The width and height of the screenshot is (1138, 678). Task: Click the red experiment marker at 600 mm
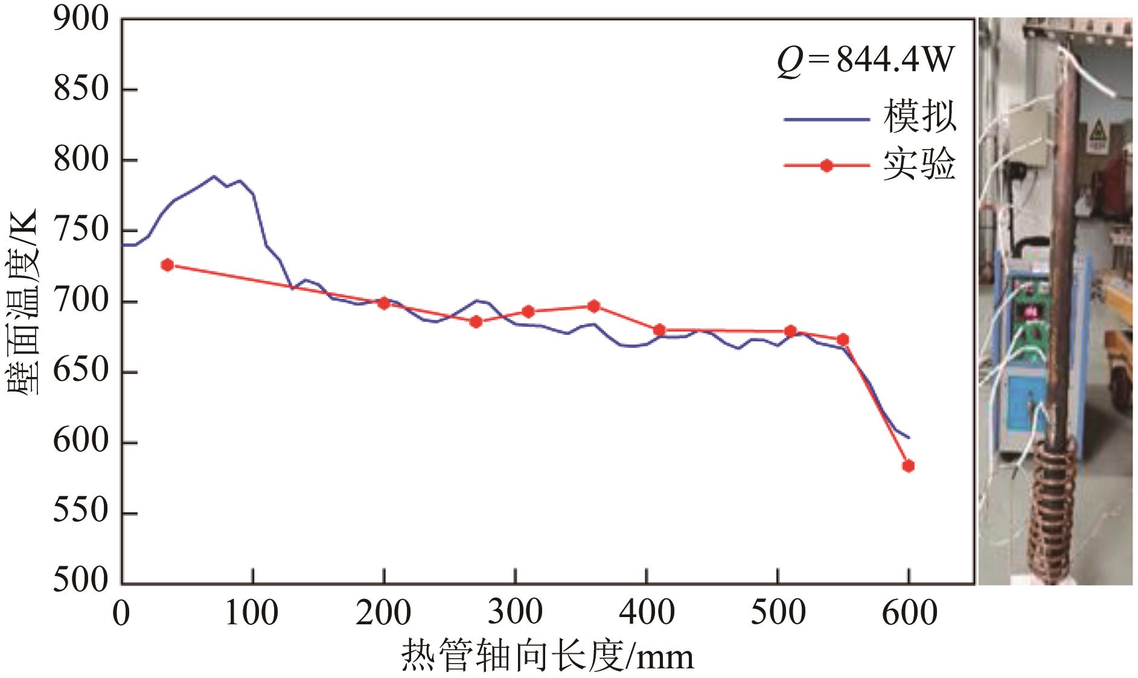click(908, 466)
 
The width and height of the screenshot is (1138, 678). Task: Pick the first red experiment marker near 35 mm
click(168, 265)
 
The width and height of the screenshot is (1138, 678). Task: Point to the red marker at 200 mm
click(383, 303)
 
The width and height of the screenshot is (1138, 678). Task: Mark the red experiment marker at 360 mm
click(593, 306)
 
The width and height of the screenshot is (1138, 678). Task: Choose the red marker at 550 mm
click(843, 340)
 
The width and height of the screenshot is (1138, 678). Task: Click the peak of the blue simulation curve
click(214, 176)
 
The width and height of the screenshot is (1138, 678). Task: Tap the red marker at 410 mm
click(659, 330)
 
